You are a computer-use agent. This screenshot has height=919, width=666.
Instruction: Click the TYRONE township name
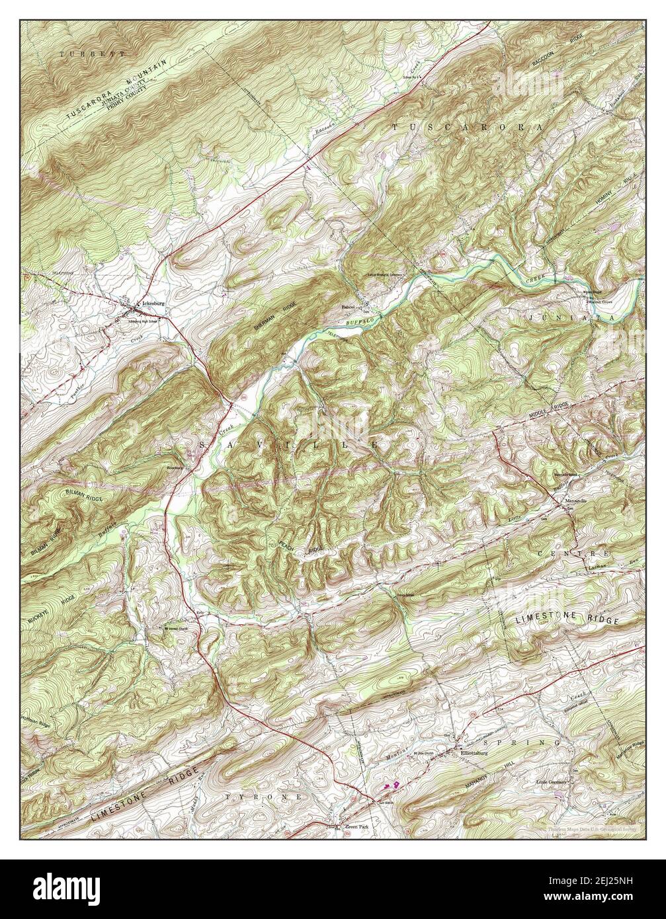pos(263,797)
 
